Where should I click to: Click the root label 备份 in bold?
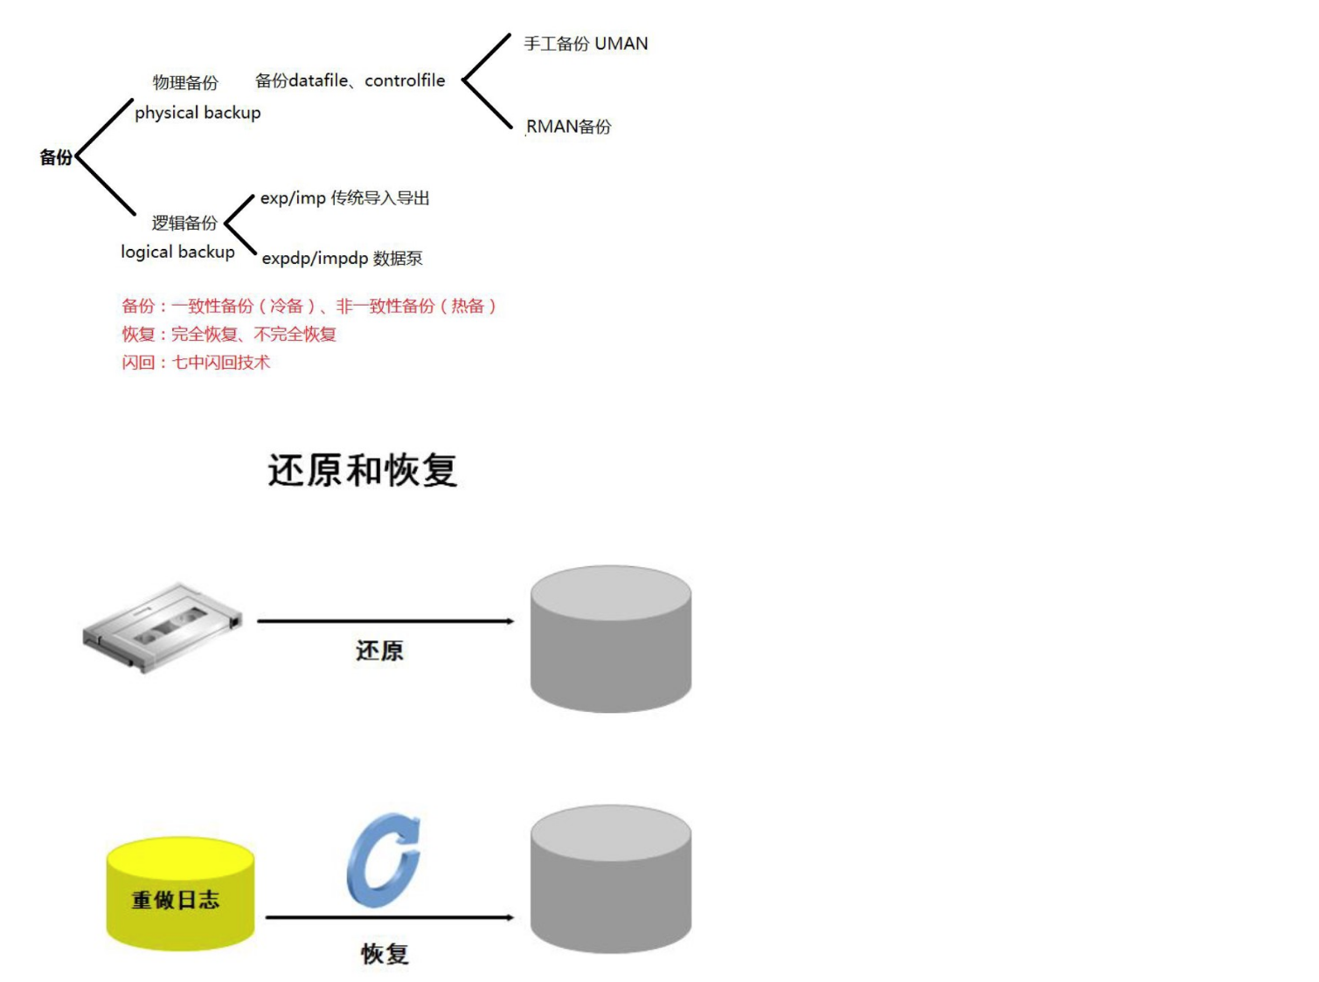tap(56, 157)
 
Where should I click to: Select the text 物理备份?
tap(185, 83)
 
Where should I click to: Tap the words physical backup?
tap(198, 113)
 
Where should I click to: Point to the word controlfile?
tap(405, 80)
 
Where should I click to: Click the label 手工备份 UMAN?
tap(586, 44)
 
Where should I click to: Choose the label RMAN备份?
tap(568, 127)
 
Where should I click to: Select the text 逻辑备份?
tap(184, 223)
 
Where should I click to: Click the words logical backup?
tap(177, 252)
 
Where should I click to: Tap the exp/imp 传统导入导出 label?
tap(344, 198)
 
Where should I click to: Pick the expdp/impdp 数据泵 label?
tap(342, 259)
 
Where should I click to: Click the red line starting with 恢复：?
tap(229, 334)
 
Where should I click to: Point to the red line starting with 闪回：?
tap(196, 363)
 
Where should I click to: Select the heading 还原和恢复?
tap(362, 470)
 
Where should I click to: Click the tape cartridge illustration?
tap(163, 626)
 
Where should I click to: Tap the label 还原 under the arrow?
tap(379, 651)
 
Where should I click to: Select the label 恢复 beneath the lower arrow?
tap(385, 953)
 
